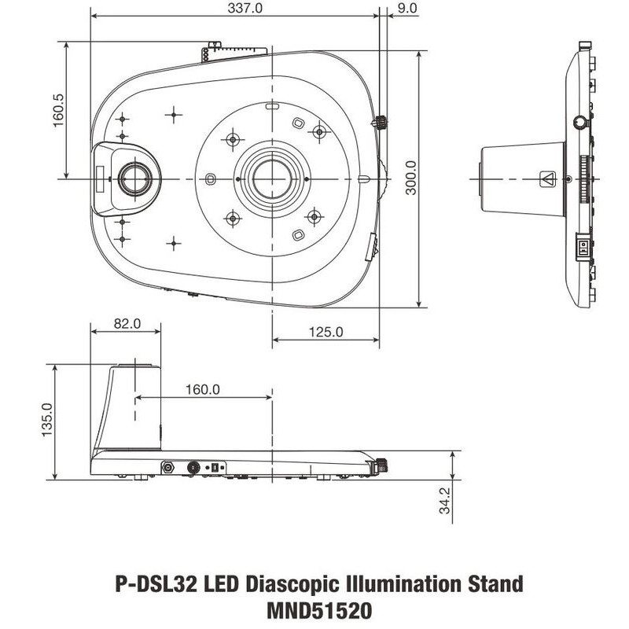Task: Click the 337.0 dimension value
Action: point(245,9)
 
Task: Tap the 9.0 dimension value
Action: point(408,8)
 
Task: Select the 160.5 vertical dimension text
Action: point(58,110)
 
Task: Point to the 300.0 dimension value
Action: point(410,178)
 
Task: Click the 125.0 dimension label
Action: point(326,332)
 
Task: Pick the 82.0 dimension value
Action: point(127,323)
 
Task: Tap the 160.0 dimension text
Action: point(203,389)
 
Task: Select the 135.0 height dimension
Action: point(47,420)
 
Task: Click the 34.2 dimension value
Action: point(445,500)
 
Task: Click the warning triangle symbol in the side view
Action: point(547,179)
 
